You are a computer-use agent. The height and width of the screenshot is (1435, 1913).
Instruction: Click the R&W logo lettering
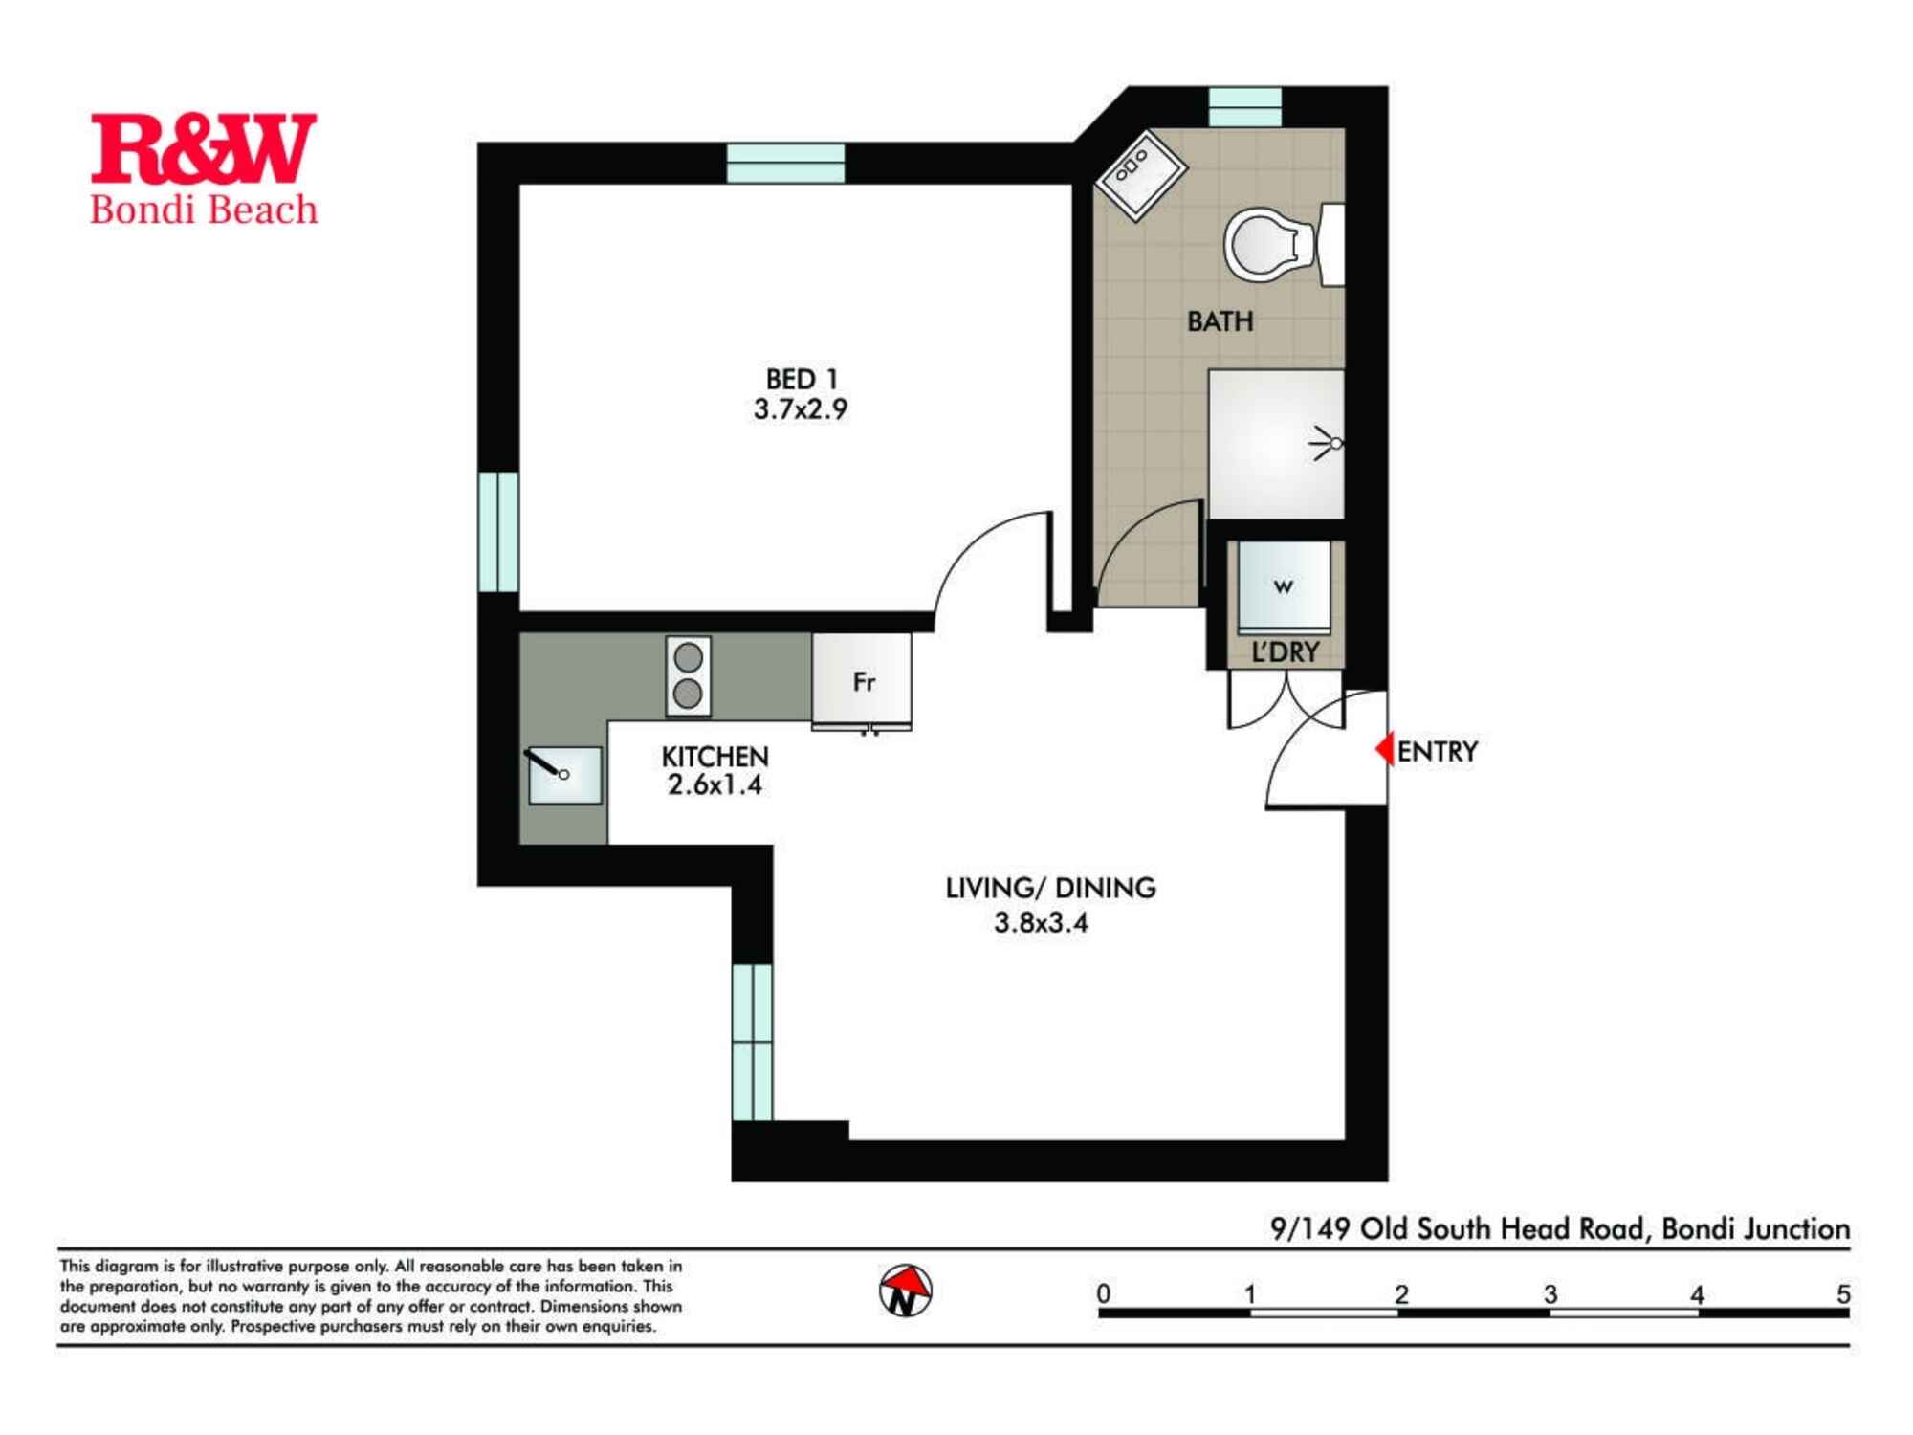click(x=203, y=148)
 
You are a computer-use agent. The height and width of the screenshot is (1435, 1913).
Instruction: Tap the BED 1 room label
click(x=801, y=380)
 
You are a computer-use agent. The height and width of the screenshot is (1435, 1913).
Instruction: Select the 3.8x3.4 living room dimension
click(x=1041, y=923)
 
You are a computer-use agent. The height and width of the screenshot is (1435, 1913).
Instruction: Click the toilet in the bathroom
click(x=1267, y=244)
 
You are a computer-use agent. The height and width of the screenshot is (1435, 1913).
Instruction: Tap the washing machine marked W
click(x=1284, y=586)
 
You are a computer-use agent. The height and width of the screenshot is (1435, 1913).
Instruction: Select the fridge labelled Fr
click(x=862, y=682)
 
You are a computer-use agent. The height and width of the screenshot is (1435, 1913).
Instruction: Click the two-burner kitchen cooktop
click(x=688, y=675)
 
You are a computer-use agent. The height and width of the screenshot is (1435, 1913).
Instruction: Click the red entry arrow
click(x=1384, y=749)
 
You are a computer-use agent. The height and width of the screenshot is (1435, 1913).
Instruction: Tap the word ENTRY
click(x=1437, y=752)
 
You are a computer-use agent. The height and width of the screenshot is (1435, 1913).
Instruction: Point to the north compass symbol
click(x=905, y=1291)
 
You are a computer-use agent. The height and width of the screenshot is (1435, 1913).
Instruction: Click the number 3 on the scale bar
click(x=1550, y=1294)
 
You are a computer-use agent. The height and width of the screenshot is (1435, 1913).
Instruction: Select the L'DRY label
click(x=1285, y=652)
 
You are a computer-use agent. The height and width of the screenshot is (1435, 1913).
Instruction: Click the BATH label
click(x=1220, y=321)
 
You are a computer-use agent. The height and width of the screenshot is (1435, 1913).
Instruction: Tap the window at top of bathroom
click(x=1244, y=106)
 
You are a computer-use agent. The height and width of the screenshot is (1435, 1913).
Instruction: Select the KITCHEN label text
click(x=715, y=757)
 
